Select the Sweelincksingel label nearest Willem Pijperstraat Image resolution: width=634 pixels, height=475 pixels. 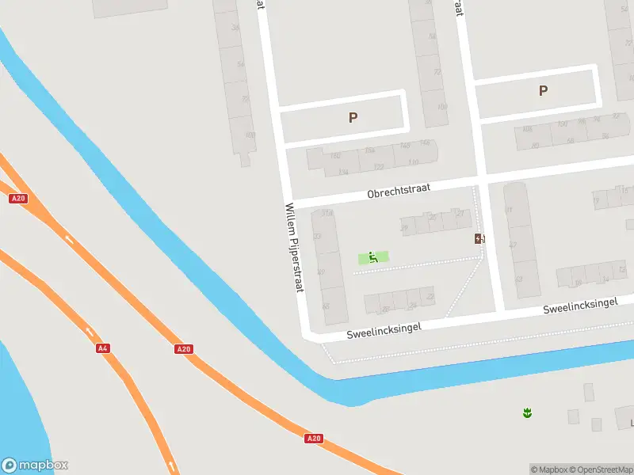click(384, 330)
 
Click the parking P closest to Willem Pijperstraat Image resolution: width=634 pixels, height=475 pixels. click(353, 117)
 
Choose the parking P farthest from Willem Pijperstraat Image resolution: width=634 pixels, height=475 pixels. click(543, 90)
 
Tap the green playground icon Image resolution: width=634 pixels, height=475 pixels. click(373, 257)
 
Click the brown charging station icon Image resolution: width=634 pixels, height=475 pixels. click(479, 238)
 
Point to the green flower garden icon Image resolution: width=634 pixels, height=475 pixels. click(526, 412)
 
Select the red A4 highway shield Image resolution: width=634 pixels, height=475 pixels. click(102, 348)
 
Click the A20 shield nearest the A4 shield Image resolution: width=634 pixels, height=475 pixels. click(184, 348)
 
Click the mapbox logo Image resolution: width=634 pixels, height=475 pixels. click(35, 465)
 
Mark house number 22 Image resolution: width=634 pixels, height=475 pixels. click(430, 296)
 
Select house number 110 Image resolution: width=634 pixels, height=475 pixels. click(413, 162)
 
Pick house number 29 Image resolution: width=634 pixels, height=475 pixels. click(404, 228)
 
